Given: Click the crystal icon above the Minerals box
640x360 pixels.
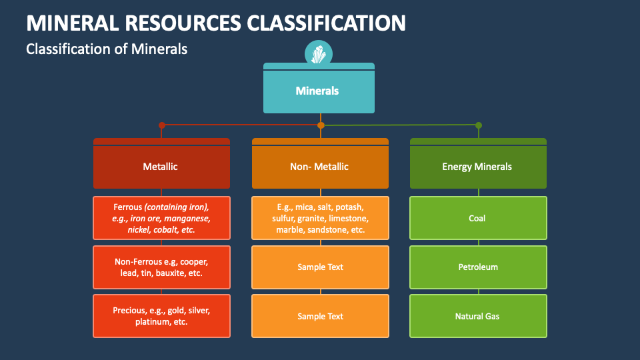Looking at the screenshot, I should (319, 53).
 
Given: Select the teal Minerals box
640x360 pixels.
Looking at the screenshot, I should (319, 91).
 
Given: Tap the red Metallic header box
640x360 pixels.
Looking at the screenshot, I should (161, 167).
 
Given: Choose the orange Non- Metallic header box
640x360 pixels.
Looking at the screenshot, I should (320, 167).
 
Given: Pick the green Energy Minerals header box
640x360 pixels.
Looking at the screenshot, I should (478, 167).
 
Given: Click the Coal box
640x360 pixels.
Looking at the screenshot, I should (478, 218).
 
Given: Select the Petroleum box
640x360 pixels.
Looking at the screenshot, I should (478, 267).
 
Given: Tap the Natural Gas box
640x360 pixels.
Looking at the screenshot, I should (478, 316).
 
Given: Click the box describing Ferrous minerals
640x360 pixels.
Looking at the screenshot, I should (161, 218).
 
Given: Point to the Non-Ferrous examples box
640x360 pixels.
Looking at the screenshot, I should (161, 267).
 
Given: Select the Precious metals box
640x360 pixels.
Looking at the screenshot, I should (161, 316).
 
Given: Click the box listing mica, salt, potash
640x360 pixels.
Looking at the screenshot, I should (320, 218).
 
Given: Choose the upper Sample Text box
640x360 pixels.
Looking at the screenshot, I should (320, 267).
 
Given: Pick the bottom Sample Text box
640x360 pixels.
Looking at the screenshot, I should (320, 316).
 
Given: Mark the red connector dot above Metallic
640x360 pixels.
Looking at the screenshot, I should (161, 125).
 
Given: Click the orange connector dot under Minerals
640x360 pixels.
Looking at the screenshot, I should (321, 125).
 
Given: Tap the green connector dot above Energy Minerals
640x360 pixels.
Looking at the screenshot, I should (478, 125).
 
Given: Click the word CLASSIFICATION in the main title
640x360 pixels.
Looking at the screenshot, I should (326, 23).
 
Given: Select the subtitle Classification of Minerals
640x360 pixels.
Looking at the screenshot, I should (107, 49).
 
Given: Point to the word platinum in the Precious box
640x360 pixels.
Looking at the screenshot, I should (151, 322).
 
